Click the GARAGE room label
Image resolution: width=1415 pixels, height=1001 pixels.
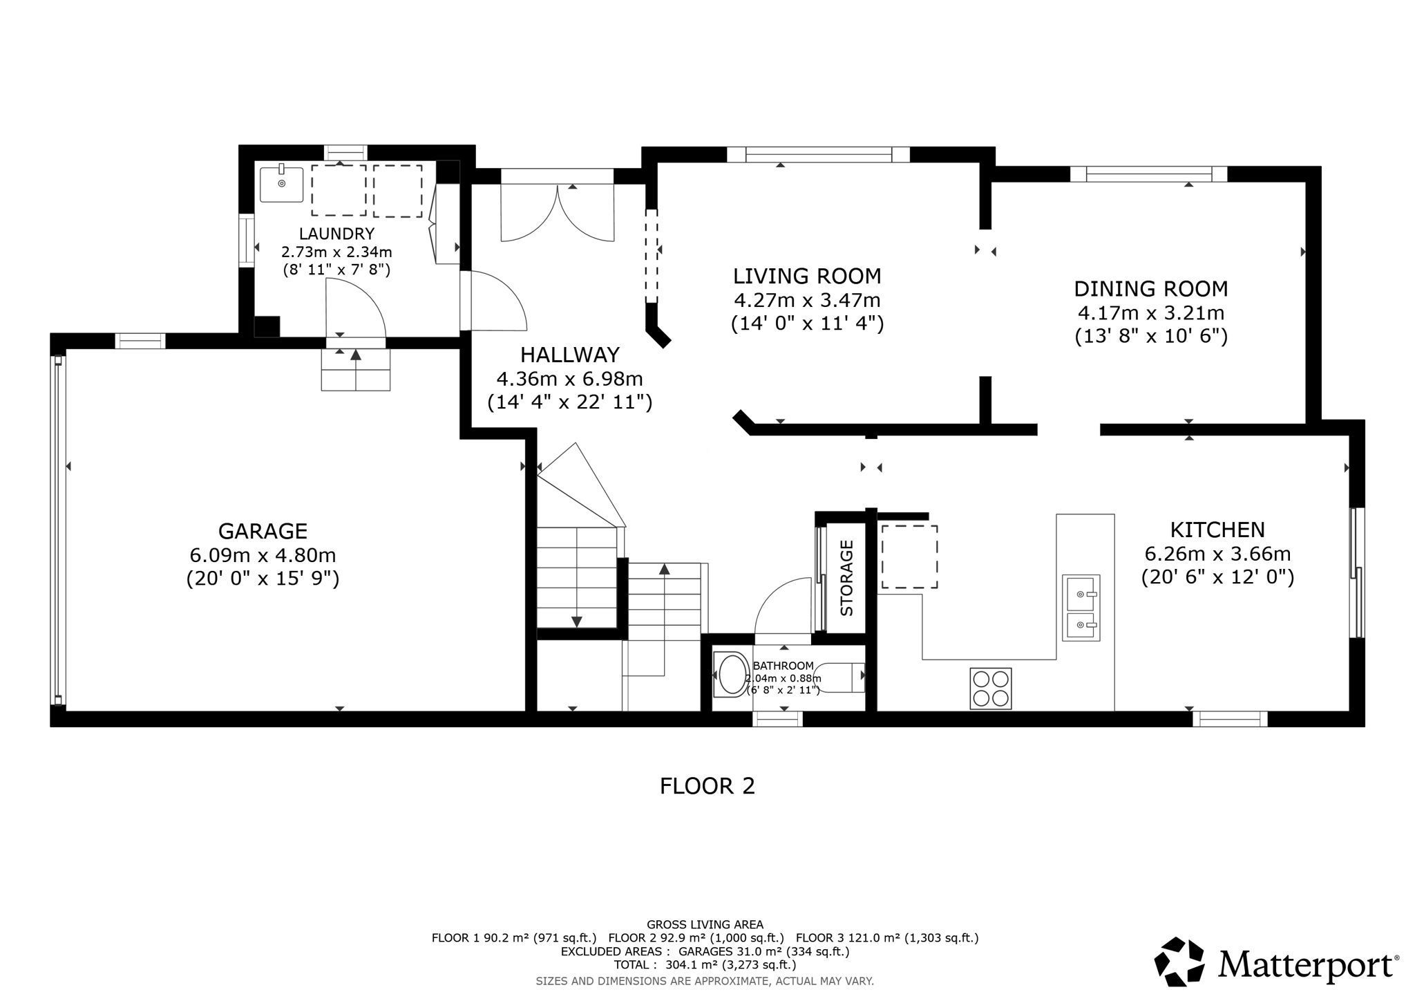point(263,531)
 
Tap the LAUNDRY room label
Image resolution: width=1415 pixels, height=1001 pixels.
point(336,234)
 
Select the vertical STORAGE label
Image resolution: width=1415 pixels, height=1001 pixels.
point(846,578)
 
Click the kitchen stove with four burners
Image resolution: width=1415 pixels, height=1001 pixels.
point(991,688)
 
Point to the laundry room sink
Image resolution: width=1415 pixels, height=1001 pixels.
point(281,182)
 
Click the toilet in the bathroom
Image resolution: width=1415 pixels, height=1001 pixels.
point(840,677)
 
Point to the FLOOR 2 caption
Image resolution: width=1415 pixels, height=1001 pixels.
point(707,786)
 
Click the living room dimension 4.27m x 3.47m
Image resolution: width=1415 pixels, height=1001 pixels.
point(807,300)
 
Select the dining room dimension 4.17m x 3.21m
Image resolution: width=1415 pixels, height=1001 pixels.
point(1151,312)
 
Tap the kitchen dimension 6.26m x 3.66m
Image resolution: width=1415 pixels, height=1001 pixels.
point(1217,554)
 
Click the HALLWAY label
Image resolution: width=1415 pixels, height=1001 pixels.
point(570,355)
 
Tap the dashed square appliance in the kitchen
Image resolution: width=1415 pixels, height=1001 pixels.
point(909,556)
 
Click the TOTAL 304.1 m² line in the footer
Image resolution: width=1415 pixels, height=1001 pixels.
point(705,965)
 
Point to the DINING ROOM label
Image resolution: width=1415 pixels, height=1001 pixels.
point(1151,288)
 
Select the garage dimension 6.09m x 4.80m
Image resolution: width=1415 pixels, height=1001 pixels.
point(263,554)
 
